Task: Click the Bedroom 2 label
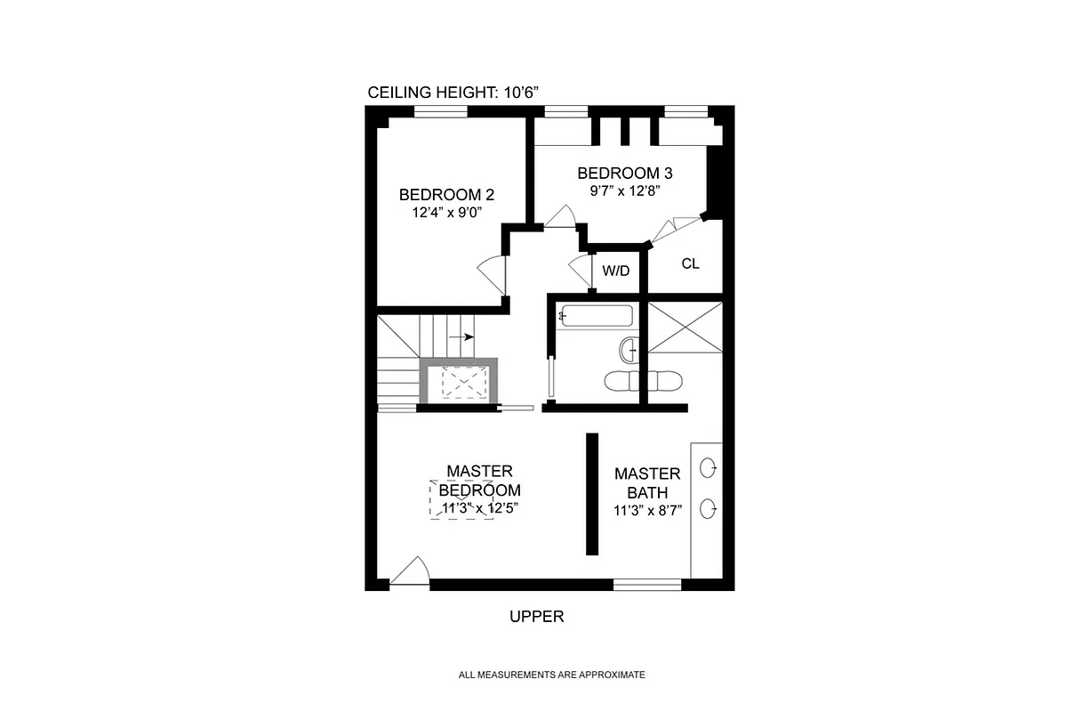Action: (x=446, y=195)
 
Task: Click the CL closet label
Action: (x=691, y=263)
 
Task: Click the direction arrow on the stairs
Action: (x=461, y=337)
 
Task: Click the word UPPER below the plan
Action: (x=536, y=616)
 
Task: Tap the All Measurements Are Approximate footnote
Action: (x=551, y=676)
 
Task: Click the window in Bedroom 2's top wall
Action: (x=441, y=111)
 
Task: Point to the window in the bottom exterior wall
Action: (x=647, y=585)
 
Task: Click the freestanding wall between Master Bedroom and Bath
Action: (x=592, y=494)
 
